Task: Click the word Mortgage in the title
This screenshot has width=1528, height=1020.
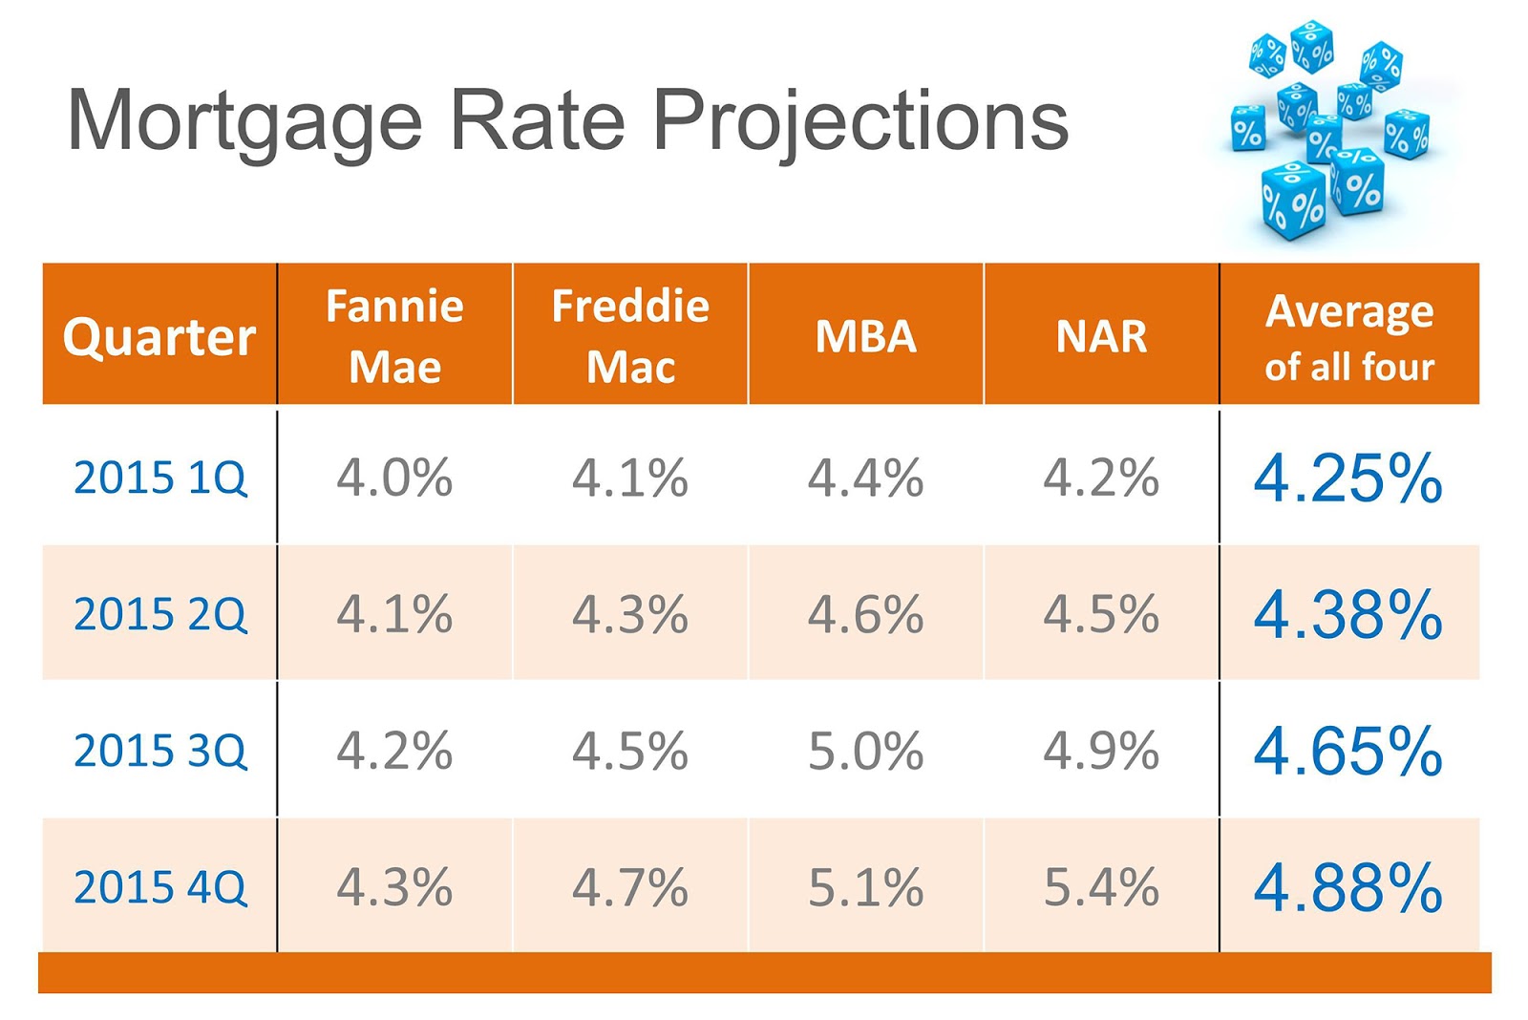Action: [244, 122]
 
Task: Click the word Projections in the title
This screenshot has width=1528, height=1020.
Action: [859, 122]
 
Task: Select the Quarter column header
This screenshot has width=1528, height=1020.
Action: [159, 336]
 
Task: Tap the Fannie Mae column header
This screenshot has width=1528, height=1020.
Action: [394, 336]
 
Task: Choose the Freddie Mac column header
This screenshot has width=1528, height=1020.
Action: [630, 336]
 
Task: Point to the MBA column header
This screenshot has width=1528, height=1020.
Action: [865, 336]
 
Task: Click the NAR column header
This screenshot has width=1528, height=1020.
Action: [1101, 336]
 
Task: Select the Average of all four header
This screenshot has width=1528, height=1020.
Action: [1348, 337]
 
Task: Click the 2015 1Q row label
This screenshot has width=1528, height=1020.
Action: [159, 478]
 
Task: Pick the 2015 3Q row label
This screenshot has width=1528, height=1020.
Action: [159, 751]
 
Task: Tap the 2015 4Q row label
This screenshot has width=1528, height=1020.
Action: [159, 887]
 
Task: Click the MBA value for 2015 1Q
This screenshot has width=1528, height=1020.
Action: [865, 478]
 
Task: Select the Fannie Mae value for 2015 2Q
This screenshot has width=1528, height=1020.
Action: [394, 614]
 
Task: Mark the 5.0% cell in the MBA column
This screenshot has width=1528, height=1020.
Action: [865, 751]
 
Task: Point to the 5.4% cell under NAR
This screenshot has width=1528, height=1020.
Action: [1101, 887]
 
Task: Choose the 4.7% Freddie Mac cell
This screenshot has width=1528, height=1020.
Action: [630, 887]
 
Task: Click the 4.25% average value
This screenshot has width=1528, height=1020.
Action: [1348, 478]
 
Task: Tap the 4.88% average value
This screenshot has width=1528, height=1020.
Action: [1348, 887]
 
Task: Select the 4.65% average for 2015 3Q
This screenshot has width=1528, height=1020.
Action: [1348, 751]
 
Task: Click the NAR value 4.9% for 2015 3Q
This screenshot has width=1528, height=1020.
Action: [1101, 751]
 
